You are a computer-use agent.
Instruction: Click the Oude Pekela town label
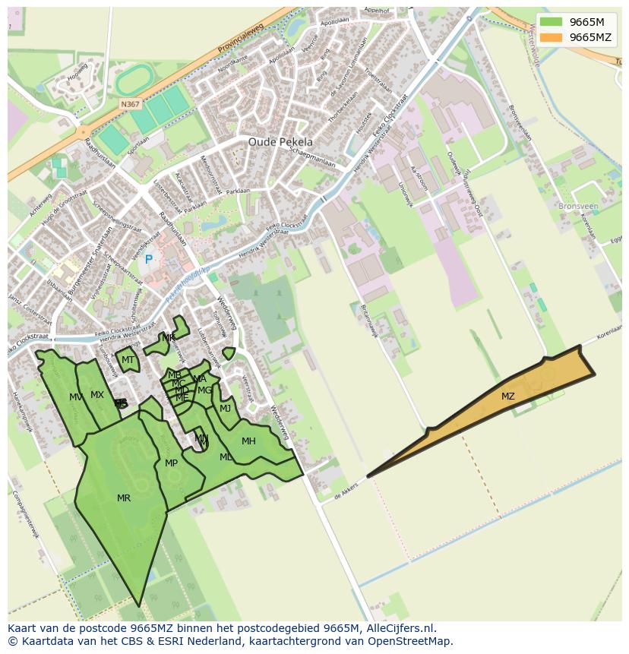click(280, 142)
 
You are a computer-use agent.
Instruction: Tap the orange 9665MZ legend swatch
click(552, 37)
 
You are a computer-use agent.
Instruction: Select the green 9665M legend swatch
click(552, 22)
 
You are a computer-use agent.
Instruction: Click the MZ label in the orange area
click(507, 397)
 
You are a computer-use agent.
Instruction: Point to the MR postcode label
click(124, 498)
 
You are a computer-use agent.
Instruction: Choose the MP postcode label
click(171, 463)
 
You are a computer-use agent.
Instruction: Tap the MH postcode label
click(248, 441)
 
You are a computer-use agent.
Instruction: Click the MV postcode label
click(76, 397)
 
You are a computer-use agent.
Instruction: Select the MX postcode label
click(97, 395)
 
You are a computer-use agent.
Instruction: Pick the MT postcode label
click(128, 360)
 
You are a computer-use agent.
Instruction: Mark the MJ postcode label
click(225, 409)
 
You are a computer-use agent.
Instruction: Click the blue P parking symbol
click(149, 260)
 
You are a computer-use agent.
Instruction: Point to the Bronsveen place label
click(577, 206)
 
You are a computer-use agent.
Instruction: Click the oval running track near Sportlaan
click(135, 78)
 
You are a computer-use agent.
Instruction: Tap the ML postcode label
click(226, 457)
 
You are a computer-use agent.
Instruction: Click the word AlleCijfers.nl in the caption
click(398, 628)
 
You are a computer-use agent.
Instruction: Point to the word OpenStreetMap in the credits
click(415, 641)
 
